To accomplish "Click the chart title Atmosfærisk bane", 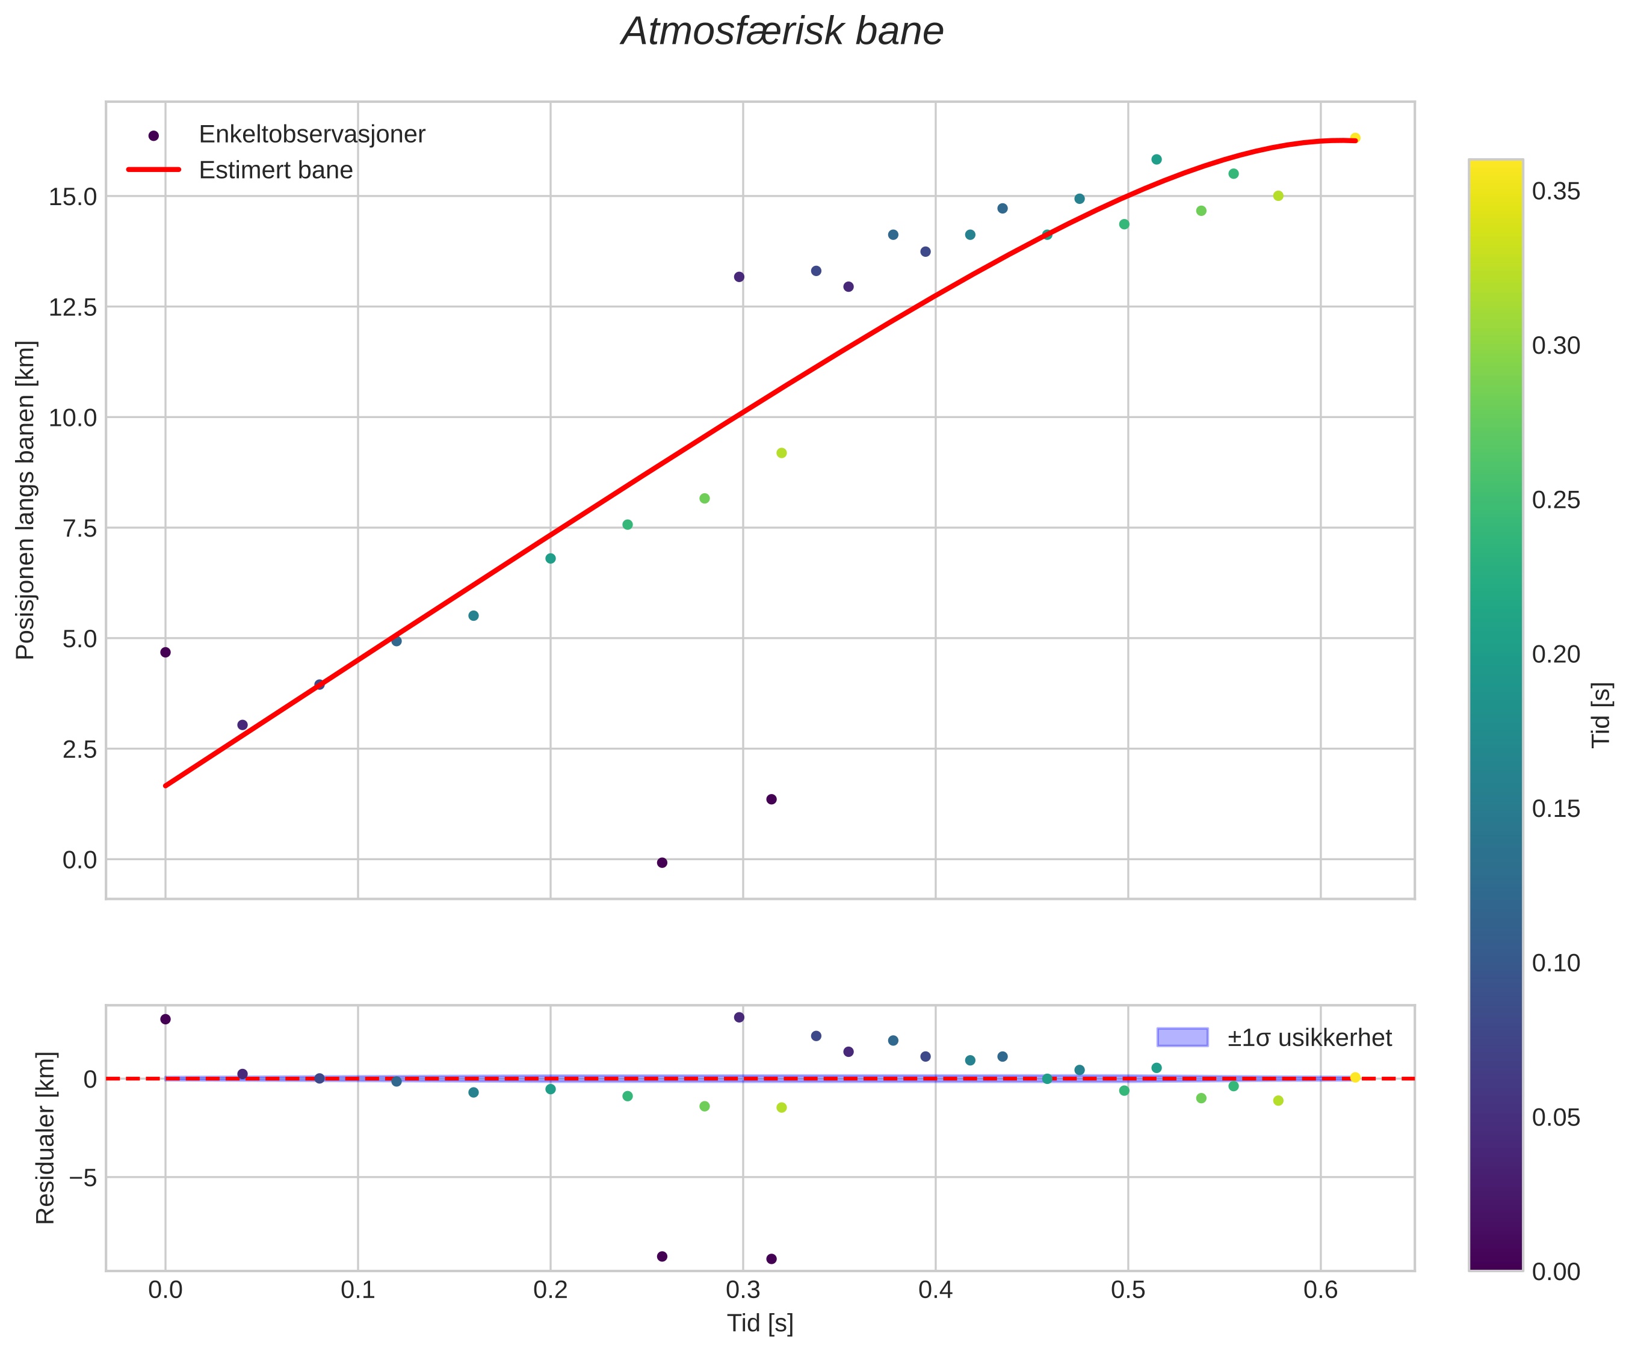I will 782,32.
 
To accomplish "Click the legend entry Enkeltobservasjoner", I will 312,134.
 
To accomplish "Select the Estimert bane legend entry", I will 276,170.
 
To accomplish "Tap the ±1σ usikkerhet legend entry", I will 1309,1038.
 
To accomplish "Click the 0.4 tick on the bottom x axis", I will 936,1291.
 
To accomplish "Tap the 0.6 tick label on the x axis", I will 1320,1291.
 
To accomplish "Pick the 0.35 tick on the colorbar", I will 1556,191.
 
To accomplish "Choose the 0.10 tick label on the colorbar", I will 1556,963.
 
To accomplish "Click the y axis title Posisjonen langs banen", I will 26,500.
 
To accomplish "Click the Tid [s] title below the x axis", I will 760,1324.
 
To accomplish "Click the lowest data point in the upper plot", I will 662,863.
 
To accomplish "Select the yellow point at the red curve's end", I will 1355,138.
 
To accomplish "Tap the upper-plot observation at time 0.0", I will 165,652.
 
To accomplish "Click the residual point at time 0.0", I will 165,1019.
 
